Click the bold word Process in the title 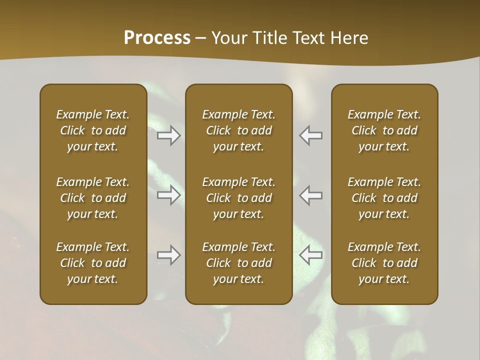[157, 38]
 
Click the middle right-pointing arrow [169, 195]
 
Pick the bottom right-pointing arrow [169, 255]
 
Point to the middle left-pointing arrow [310, 195]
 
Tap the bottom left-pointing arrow [310, 255]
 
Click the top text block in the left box [93, 130]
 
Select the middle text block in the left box [93, 198]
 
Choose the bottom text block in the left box [93, 263]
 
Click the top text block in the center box [238, 130]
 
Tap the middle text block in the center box [238, 198]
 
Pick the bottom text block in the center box [238, 263]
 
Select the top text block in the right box [384, 130]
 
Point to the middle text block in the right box [384, 198]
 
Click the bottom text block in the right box [384, 263]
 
